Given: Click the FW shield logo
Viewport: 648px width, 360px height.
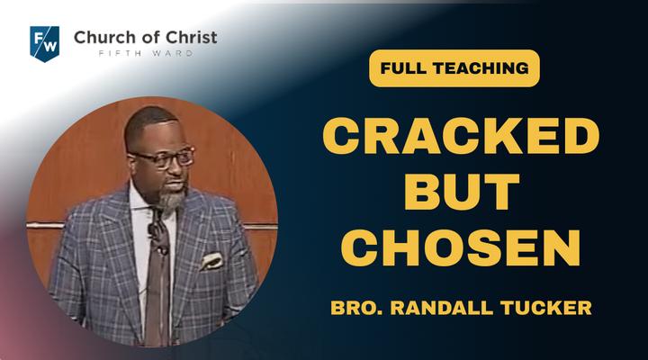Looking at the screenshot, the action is [45, 44].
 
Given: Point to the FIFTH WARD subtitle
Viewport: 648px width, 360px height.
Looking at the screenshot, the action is [147, 53].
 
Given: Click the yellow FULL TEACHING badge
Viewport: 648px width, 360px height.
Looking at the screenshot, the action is [454, 68].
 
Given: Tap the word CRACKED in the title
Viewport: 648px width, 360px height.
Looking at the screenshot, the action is [461, 136].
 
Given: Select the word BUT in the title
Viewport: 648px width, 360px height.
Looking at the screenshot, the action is [461, 192].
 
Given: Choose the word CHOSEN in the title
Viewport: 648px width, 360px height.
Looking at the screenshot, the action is [461, 247].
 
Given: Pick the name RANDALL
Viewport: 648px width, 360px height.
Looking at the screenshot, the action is [442, 308].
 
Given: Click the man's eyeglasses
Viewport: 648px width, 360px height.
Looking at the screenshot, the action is [162, 157].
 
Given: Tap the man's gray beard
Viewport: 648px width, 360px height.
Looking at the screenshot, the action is [171, 200].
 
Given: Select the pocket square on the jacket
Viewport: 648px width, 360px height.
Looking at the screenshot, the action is [211, 262].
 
